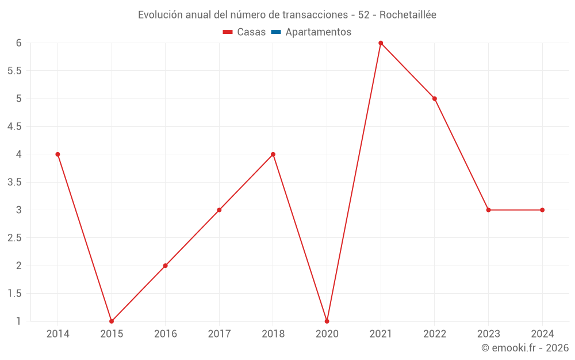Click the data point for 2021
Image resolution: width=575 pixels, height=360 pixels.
[381, 43]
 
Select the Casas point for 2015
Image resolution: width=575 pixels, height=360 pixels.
[112, 321]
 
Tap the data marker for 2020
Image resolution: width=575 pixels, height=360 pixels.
[327, 321]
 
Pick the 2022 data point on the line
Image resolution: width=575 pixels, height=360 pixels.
[435, 98]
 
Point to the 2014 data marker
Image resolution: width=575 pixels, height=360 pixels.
[57, 154]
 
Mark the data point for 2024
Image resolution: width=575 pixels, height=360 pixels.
[542, 210]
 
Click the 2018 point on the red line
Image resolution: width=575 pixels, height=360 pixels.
[273, 154]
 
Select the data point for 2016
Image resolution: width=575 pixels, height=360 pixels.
[165, 266]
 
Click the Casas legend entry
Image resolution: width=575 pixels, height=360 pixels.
[244, 32]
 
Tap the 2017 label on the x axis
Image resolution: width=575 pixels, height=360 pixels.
[219, 334]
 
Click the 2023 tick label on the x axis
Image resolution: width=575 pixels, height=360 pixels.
[488, 334]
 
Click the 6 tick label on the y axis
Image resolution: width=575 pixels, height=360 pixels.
[19, 43]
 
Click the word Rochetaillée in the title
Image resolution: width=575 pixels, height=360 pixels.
[408, 15]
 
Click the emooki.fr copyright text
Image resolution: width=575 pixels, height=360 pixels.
[525, 348]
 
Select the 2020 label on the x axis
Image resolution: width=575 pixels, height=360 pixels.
[327, 334]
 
